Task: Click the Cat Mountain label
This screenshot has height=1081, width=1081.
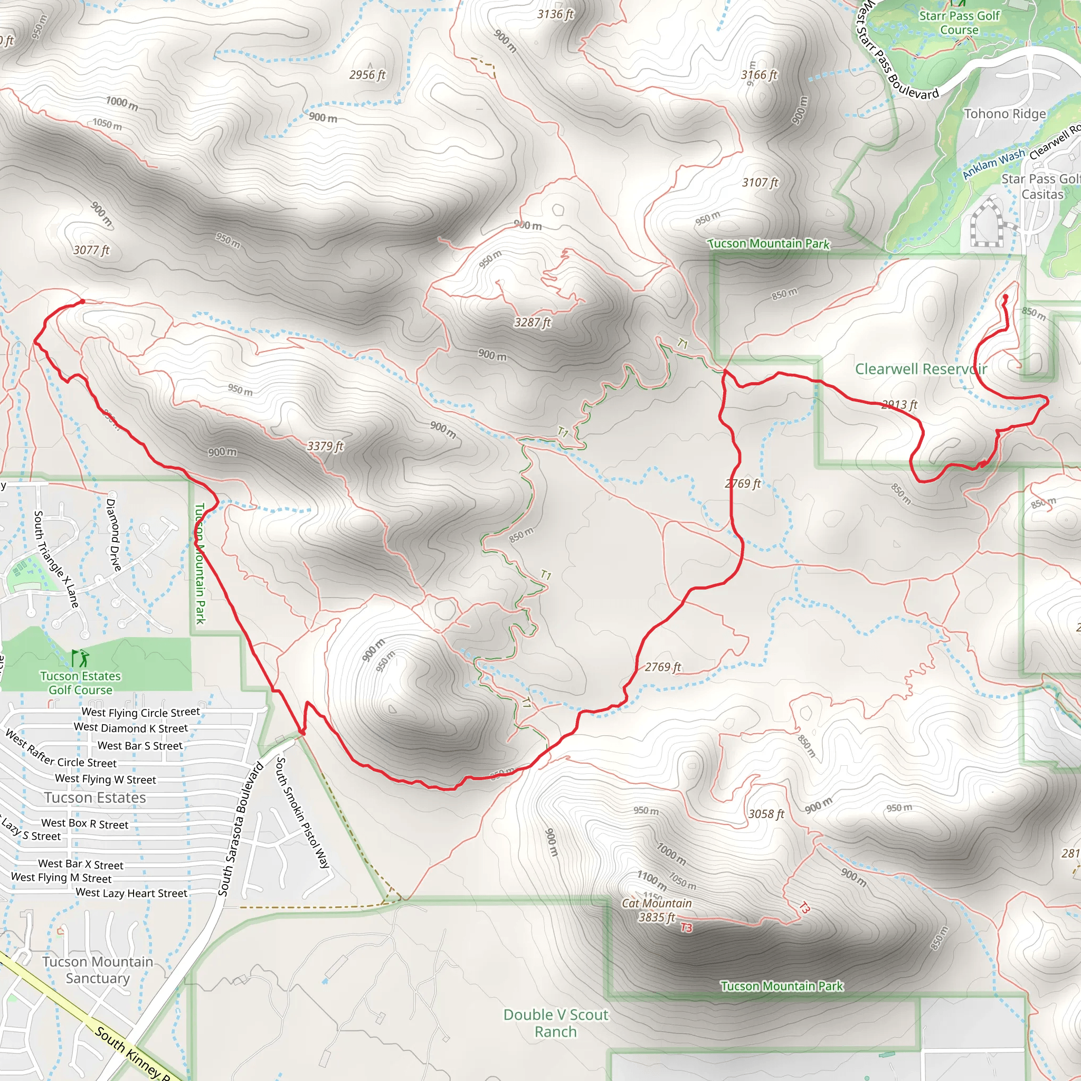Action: [x=656, y=904]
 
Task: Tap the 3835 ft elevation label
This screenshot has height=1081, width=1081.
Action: [x=656, y=917]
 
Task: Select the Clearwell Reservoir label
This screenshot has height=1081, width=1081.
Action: [x=921, y=369]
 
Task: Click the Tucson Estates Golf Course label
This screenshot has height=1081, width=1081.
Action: [x=81, y=682]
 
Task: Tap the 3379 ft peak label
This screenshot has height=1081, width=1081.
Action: [x=325, y=446]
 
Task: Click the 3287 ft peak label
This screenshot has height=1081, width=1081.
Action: [x=532, y=323]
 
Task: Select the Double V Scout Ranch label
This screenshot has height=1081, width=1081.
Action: [x=556, y=1023]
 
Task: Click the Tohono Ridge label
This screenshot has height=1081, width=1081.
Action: [x=1004, y=114]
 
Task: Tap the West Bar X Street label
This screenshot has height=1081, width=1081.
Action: [x=81, y=865]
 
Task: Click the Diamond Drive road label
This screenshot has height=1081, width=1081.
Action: [x=113, y=534]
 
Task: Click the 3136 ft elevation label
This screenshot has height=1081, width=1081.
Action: [x=555, y=15]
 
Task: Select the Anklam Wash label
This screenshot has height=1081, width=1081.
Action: [x=993, y=164]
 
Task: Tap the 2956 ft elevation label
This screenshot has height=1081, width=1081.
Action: [x=367, y=74]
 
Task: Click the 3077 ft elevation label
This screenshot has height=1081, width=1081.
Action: [x=91, y=250]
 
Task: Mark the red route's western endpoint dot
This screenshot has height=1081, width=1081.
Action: [x=83, y=301]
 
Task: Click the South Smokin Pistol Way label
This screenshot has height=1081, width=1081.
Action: [x=302, y=812]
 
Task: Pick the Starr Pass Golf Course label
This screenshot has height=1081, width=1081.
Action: [x=959, y=23]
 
